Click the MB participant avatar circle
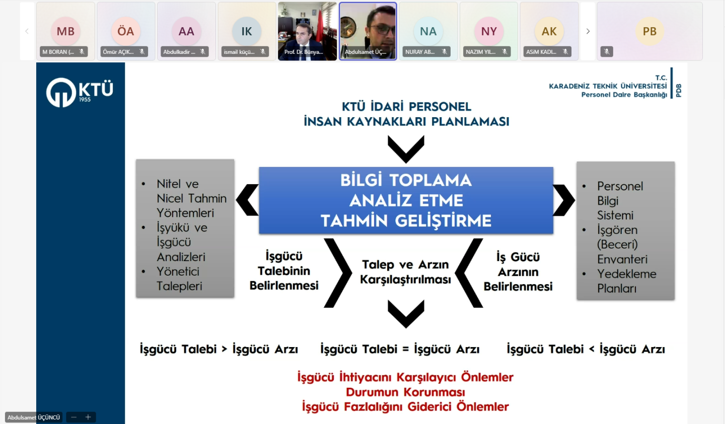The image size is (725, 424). tap(65, 31)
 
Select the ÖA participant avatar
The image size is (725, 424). tap(125, 31)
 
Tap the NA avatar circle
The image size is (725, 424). tap(428, 31)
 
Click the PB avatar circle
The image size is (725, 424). tap(649, 31)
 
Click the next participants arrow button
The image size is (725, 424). tap(588, 31)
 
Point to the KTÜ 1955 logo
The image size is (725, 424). tap(80, 92)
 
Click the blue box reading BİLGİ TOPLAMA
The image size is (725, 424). tap(406, 200)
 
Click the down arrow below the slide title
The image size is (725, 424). tap(406, 149)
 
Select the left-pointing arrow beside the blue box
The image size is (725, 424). tap(247, 200)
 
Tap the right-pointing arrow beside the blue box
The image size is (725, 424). tap(564, 200)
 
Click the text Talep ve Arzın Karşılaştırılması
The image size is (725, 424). tap(405, 272)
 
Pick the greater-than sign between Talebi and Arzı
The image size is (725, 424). tap(225, 349)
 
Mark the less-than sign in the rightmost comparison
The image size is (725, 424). tap(592, 349)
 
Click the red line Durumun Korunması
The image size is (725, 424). tap(405, 392)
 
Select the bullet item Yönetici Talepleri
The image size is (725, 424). tap(180, 279)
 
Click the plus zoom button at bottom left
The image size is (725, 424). tap(88, 417)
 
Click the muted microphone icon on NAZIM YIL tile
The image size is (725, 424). tap(504, 51)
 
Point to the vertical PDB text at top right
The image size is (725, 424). tap(679, 91)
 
